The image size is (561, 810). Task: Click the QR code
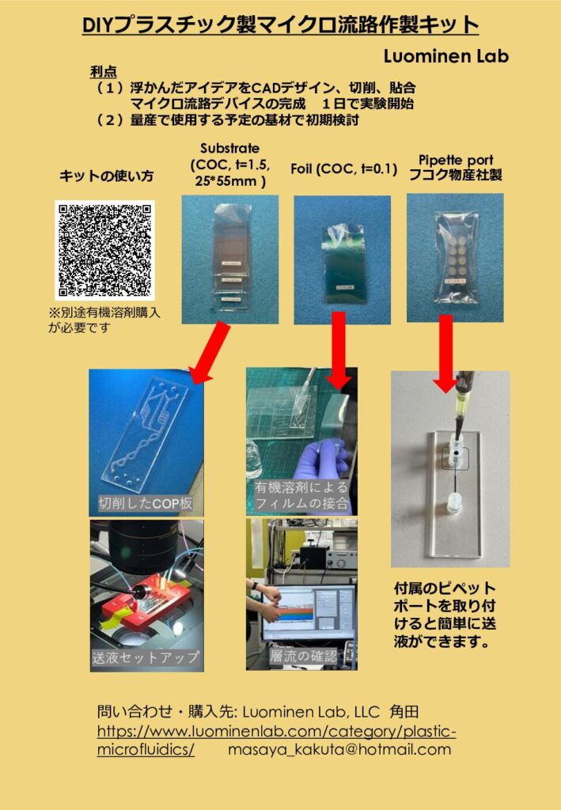tap(104, 250)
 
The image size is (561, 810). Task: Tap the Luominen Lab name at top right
tap(445, 56)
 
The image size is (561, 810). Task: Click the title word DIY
tap(98, 26)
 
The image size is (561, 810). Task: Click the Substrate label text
tap(229, 148)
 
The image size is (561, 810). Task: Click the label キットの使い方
tap(107, 177)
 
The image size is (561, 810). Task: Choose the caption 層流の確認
tap(303, 656)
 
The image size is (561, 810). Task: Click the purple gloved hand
tap(320, 464)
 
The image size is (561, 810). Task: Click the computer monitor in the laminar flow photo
tap(305, 614)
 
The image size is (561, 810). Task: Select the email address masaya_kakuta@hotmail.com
tap(339, 749)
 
